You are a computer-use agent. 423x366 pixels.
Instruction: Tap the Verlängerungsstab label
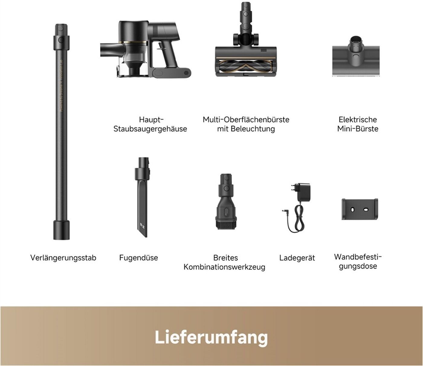(x=63, y=258)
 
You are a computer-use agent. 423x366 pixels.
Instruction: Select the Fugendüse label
(x=139, y=257)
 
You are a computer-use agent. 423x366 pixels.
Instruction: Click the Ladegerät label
(x=297, y=258)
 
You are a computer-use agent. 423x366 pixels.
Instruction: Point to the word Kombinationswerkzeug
(x=224, y=267)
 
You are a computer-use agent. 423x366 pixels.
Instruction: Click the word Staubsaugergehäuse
(x=150, y=129)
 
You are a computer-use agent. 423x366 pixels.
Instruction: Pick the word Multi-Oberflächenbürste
(x=246, y=119)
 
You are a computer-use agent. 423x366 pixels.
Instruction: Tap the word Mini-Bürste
(x=358, y=129)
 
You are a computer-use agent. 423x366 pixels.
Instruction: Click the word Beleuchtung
(x=253, y=129)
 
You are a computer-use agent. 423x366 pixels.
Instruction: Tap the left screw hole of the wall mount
(x=352, y=210)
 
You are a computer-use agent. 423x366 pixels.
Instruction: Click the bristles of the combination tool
(x=226, y=225)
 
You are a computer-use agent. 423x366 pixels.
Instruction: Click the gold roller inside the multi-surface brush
(x=246, y=66)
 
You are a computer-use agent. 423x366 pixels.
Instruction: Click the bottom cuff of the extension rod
(x=61, y=230)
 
